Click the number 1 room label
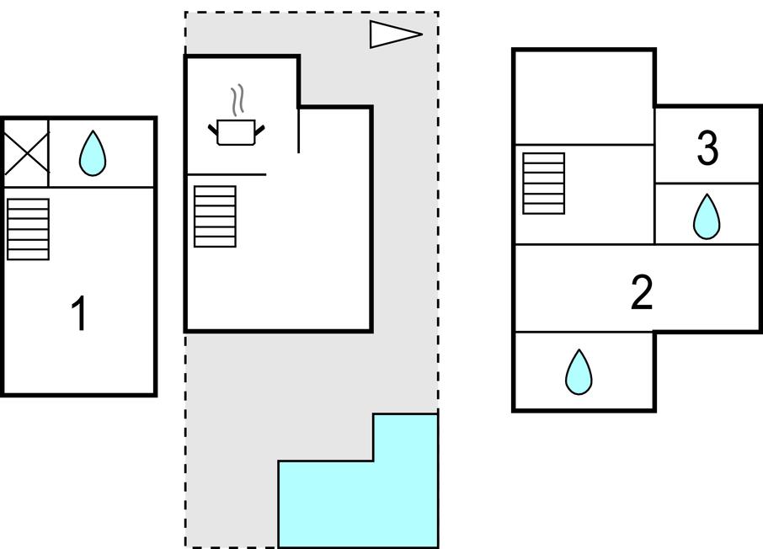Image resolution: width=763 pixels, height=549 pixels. point(80,314)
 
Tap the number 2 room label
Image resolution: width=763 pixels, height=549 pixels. point(642,292)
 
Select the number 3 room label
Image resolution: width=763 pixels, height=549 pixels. point(707,148)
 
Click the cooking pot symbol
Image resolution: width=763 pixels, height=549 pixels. point(236,132)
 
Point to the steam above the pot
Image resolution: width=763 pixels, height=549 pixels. point(238,99)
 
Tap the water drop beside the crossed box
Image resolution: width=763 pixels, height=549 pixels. point(93,154)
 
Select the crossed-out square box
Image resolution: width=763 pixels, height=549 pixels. point(25,153)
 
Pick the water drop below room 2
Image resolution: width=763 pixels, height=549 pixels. point(579,372)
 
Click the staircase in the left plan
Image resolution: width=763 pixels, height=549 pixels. point(28,229)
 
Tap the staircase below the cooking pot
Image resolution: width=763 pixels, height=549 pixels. point(215,216)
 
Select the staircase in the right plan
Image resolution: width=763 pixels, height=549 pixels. point(543,184)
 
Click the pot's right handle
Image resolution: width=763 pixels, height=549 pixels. point(259,129)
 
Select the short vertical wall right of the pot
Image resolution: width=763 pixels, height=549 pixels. point(298,131)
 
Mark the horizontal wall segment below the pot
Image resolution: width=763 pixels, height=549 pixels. point(226,174)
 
